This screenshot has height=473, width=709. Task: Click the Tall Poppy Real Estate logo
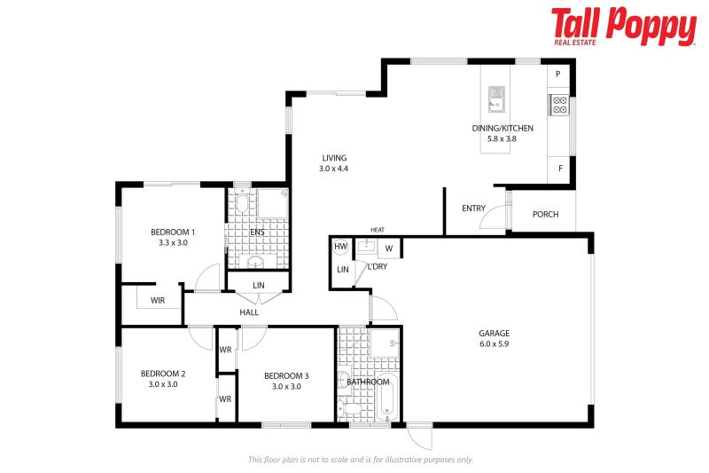click(623, 27)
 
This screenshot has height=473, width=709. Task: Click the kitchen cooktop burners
click(559, 106)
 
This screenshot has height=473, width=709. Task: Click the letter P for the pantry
click(559, 75)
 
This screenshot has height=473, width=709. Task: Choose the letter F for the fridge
click(559, 169)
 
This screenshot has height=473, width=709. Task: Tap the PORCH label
click(545, 214)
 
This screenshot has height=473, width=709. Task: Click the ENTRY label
click(473, 209)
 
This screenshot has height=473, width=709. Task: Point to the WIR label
click(158, 301)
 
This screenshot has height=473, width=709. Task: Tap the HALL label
click(249, 312)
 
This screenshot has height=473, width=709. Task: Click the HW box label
click(340, 247)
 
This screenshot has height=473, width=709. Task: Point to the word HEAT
click(378, 229)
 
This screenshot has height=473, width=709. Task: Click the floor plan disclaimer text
click(360, 460)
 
